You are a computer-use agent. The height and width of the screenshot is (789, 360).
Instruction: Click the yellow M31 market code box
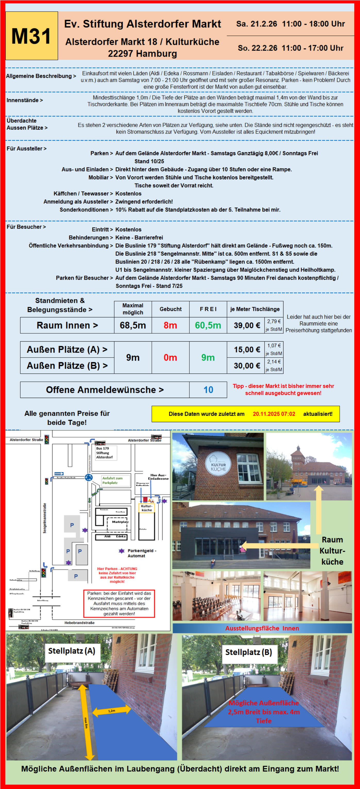(x=31, y=36)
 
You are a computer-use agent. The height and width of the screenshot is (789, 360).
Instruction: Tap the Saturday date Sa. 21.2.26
(x=256, y=24)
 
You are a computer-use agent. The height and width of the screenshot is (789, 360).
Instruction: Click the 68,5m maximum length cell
(x=133, y=325)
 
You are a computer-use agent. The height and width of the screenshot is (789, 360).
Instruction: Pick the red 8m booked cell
(x=170, y=325)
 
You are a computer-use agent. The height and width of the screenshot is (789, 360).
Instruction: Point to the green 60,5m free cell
(x=208, y=325)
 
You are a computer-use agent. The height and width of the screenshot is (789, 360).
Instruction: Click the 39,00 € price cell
(x=247, y=325)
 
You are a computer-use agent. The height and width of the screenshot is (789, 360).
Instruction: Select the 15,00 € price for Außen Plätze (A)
(x=247, y=350)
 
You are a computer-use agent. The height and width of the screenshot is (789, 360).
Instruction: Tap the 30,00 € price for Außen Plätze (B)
(x=247, y=366)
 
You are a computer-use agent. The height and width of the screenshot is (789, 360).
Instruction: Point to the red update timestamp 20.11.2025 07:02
(x=274, y=414)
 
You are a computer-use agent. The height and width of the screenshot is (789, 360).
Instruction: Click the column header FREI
(x=208, y=309)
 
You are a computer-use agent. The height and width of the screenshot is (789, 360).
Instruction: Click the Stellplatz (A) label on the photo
(x=71, y=651)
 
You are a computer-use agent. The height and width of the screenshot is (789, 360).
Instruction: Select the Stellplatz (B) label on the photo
(x=248, y=652)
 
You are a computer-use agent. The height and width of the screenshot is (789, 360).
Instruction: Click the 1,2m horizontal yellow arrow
(x=112, y=711)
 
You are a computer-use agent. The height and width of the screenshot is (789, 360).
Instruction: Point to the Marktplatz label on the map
(x=120, y=522)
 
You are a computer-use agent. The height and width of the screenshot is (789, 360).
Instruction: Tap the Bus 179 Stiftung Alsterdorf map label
(x=104, y=452)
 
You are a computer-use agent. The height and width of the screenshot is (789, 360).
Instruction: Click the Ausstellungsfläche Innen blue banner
(x=262, y=628)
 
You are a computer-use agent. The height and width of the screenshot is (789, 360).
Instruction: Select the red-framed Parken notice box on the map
(x=119, y=603)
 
